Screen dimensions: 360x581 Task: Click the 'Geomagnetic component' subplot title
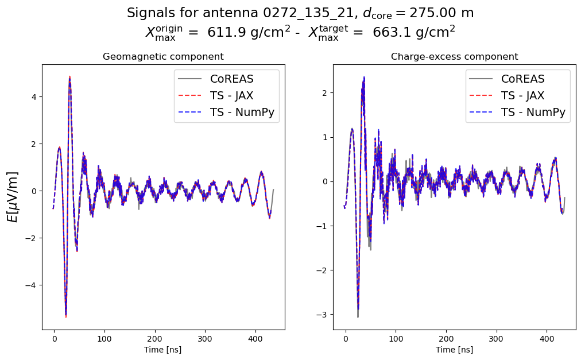[163, 57]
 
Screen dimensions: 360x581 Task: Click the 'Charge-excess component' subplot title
[454, 57]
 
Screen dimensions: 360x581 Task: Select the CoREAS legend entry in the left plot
[232, 79]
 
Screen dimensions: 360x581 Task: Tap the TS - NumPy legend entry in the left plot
[244, 112]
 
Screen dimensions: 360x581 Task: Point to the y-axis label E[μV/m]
[12, 197]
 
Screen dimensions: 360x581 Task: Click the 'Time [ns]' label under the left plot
[163, 350]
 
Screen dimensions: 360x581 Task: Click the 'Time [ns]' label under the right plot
[454, 350]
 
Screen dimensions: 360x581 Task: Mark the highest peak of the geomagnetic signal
[69, 76]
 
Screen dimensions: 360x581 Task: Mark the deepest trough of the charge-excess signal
[358, 316]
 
